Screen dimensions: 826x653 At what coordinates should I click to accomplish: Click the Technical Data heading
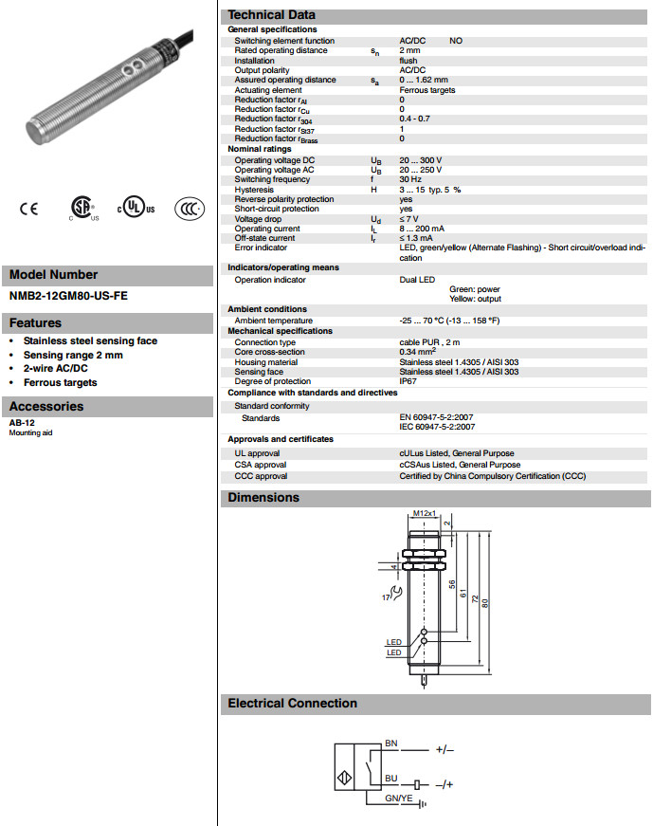click(272, 15)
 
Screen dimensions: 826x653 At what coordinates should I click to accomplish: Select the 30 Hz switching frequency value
click(409, 179)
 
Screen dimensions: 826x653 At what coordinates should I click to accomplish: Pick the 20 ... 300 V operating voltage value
click(420, 160)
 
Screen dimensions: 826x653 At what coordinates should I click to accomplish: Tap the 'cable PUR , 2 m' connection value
click(428, 342)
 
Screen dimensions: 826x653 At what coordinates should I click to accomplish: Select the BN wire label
click(390, 743)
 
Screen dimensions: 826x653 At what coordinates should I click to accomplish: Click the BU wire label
click(390, 779)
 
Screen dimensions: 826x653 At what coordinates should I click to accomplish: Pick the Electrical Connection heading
click(293, 704)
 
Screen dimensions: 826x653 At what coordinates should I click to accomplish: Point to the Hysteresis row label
click(254, 190)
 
